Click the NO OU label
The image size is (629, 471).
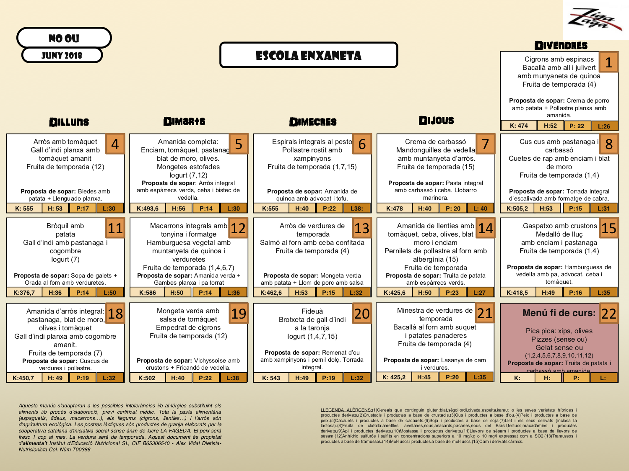pyautogui.click(x=64, y=39)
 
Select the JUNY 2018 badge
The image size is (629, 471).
pyautogui.click(x=62, y=55)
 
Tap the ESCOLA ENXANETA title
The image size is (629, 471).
pyautogui.click(x=308, y=55)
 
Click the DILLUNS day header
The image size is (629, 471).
pyautogui.click(x=69, y=122)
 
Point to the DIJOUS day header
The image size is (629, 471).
pyautogui.click(x=436, y=121)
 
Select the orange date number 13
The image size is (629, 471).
pyautogui.click(x=361, y=228)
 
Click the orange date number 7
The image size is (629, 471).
pyautogui.click(x=485, y=144)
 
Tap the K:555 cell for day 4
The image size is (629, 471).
pyautogui.click(x=24, y=208)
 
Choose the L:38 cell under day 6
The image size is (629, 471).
pyautogui.click(x=357, y=208)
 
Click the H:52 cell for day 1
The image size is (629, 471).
pyautogui.click(x=550, y=126)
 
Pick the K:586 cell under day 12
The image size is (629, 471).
pyautogui.click(x=147, y=293)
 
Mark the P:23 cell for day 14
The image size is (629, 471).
pyautogui.click(x=452, y=293)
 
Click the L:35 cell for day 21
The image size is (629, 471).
pyautogui.click(x=479, y=377)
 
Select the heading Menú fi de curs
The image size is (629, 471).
pyautogui.click(x=559, y=313)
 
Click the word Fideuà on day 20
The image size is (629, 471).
pyautogui.click(x=312, y=311)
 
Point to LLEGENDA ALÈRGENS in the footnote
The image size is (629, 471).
pyautogui.click(x=346, y=410)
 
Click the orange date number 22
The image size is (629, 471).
pyautogui.click(x=608, y=314)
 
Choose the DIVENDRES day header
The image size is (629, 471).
pyautogui.click(x=561, y=46)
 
